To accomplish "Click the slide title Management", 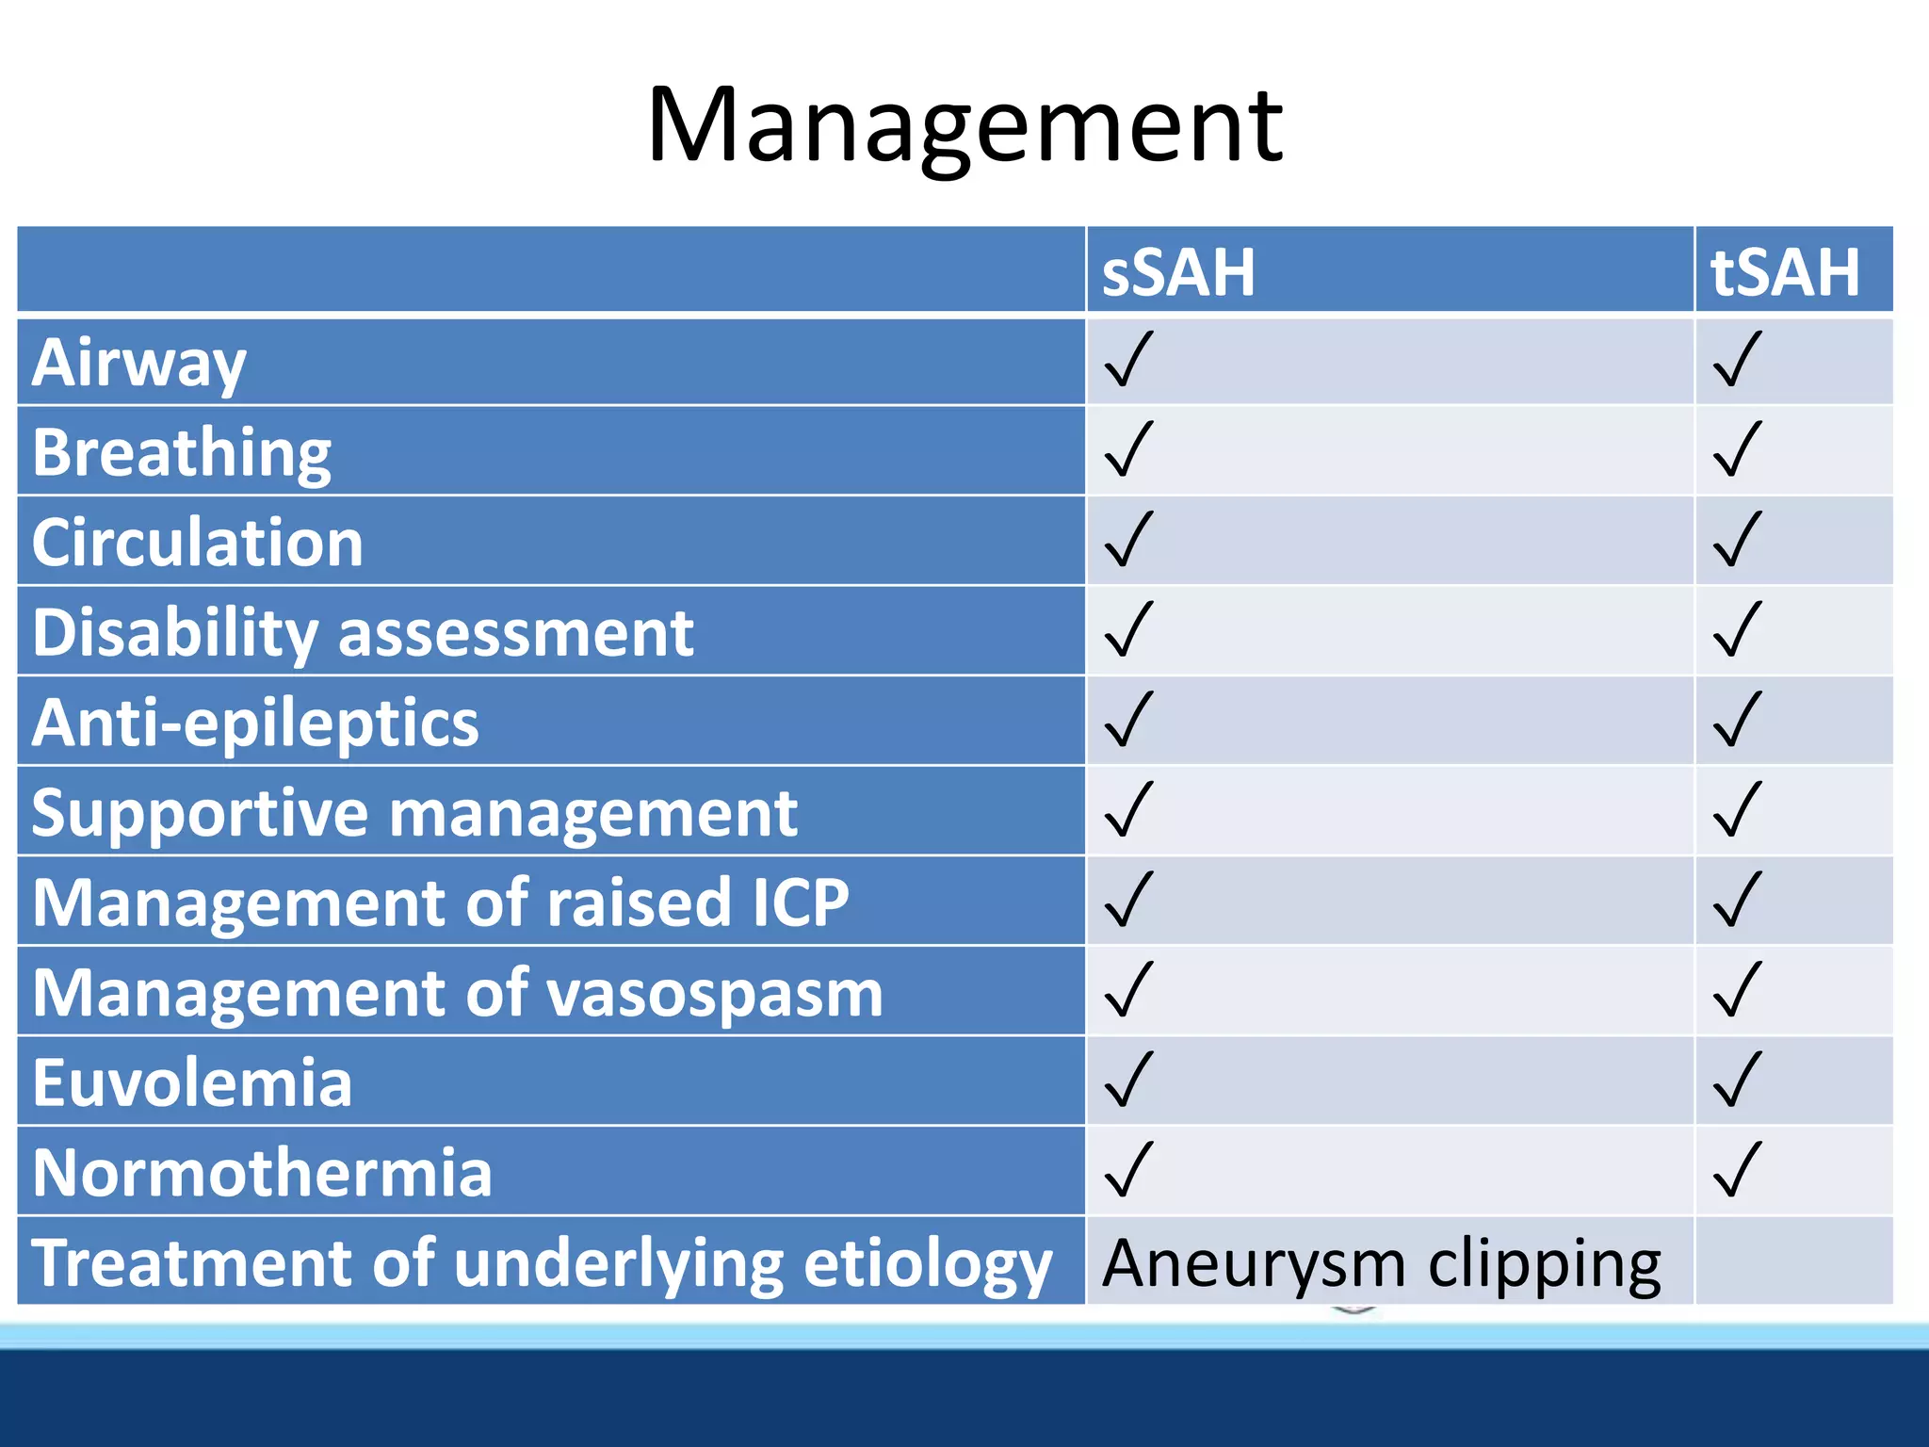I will pos(964,127).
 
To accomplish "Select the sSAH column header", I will pos(1178,273).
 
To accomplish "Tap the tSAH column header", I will pos(1785,273).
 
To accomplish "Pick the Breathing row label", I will pos(182,453).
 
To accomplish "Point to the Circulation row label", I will pos(198,543).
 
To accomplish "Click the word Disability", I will pos(175,633).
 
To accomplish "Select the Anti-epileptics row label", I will pos(255,723).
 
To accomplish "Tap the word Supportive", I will pos(200,813).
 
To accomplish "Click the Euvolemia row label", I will pos(192,1083).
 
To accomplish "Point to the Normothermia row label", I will pos(262,1173).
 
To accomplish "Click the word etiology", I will pos(928,1264).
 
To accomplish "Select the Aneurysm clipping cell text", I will pos(1382,1264).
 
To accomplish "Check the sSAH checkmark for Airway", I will pos(1128,360).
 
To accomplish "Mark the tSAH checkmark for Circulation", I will pos(1737,540).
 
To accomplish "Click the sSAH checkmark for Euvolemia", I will pos(1128,1080).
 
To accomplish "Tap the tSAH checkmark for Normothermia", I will pos(1737,1170).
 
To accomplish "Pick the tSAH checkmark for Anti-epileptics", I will pos(1737,720).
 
